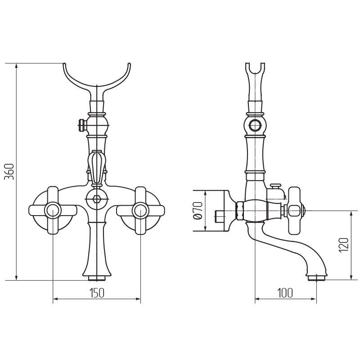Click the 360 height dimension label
coord(10,172)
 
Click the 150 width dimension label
coord(97,293)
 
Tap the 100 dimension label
coord(285,293)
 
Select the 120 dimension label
coord(344,245)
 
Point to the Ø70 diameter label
coord(198,211)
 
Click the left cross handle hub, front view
coord(53,210)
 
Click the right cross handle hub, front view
coord(140,210)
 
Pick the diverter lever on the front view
coord(96,167)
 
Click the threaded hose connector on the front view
coord(82,125)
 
